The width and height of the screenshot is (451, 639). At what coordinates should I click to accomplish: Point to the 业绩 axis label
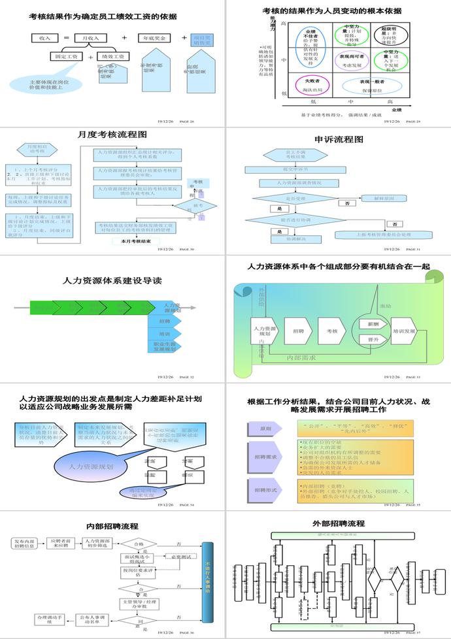click(397, 110)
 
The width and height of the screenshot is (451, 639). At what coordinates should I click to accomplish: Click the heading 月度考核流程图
click(112, 135)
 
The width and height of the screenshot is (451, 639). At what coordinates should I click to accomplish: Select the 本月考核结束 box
click(136, 241)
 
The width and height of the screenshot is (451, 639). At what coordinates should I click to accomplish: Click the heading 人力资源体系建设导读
click(112, 280)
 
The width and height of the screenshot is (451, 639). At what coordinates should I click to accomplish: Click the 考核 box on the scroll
click(332, 331)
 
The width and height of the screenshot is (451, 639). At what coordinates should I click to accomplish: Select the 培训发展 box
click(404, 331)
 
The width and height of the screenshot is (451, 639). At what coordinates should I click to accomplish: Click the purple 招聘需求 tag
click(264, 457)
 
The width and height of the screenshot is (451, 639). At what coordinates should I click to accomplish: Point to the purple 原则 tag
click(265, 429)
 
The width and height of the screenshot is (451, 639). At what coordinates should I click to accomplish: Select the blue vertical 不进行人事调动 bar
click(207, 582)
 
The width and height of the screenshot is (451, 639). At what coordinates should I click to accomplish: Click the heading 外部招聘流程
click(338, 523)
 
